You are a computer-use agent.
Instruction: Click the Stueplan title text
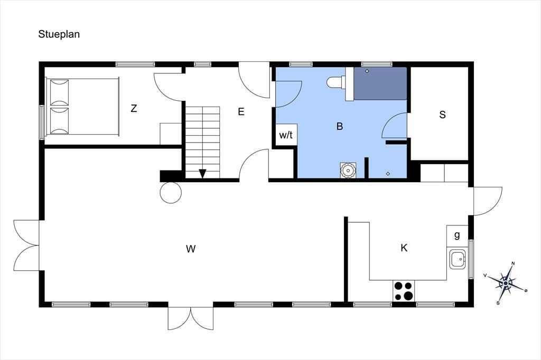click(59, 34)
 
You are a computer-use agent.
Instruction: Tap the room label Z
click(134, 108)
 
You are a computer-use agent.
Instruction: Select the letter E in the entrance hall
click(241, 111)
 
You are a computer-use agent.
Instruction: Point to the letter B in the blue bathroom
click(340, 126)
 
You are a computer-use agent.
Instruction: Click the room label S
click(442, 115)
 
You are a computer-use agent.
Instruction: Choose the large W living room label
click(191, 249)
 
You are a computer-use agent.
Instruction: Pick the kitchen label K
click(404, 248)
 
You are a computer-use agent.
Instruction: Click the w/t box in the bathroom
click(286, 135)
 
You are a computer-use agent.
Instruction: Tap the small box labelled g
click(457, 236)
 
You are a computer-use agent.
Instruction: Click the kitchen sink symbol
click(458, 259)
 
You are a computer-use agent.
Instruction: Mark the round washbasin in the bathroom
click(348, 170)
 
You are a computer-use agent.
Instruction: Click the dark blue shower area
click(380, 84)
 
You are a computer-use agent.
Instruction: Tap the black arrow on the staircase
click(202, 174)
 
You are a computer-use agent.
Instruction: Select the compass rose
click(506, 283)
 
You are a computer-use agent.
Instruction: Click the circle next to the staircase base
click(171, 193)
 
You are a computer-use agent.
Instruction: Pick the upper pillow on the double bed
click(59, 92)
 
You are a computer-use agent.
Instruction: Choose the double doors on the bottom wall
click(190, 318)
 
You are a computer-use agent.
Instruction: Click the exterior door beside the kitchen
click(488, 201)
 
